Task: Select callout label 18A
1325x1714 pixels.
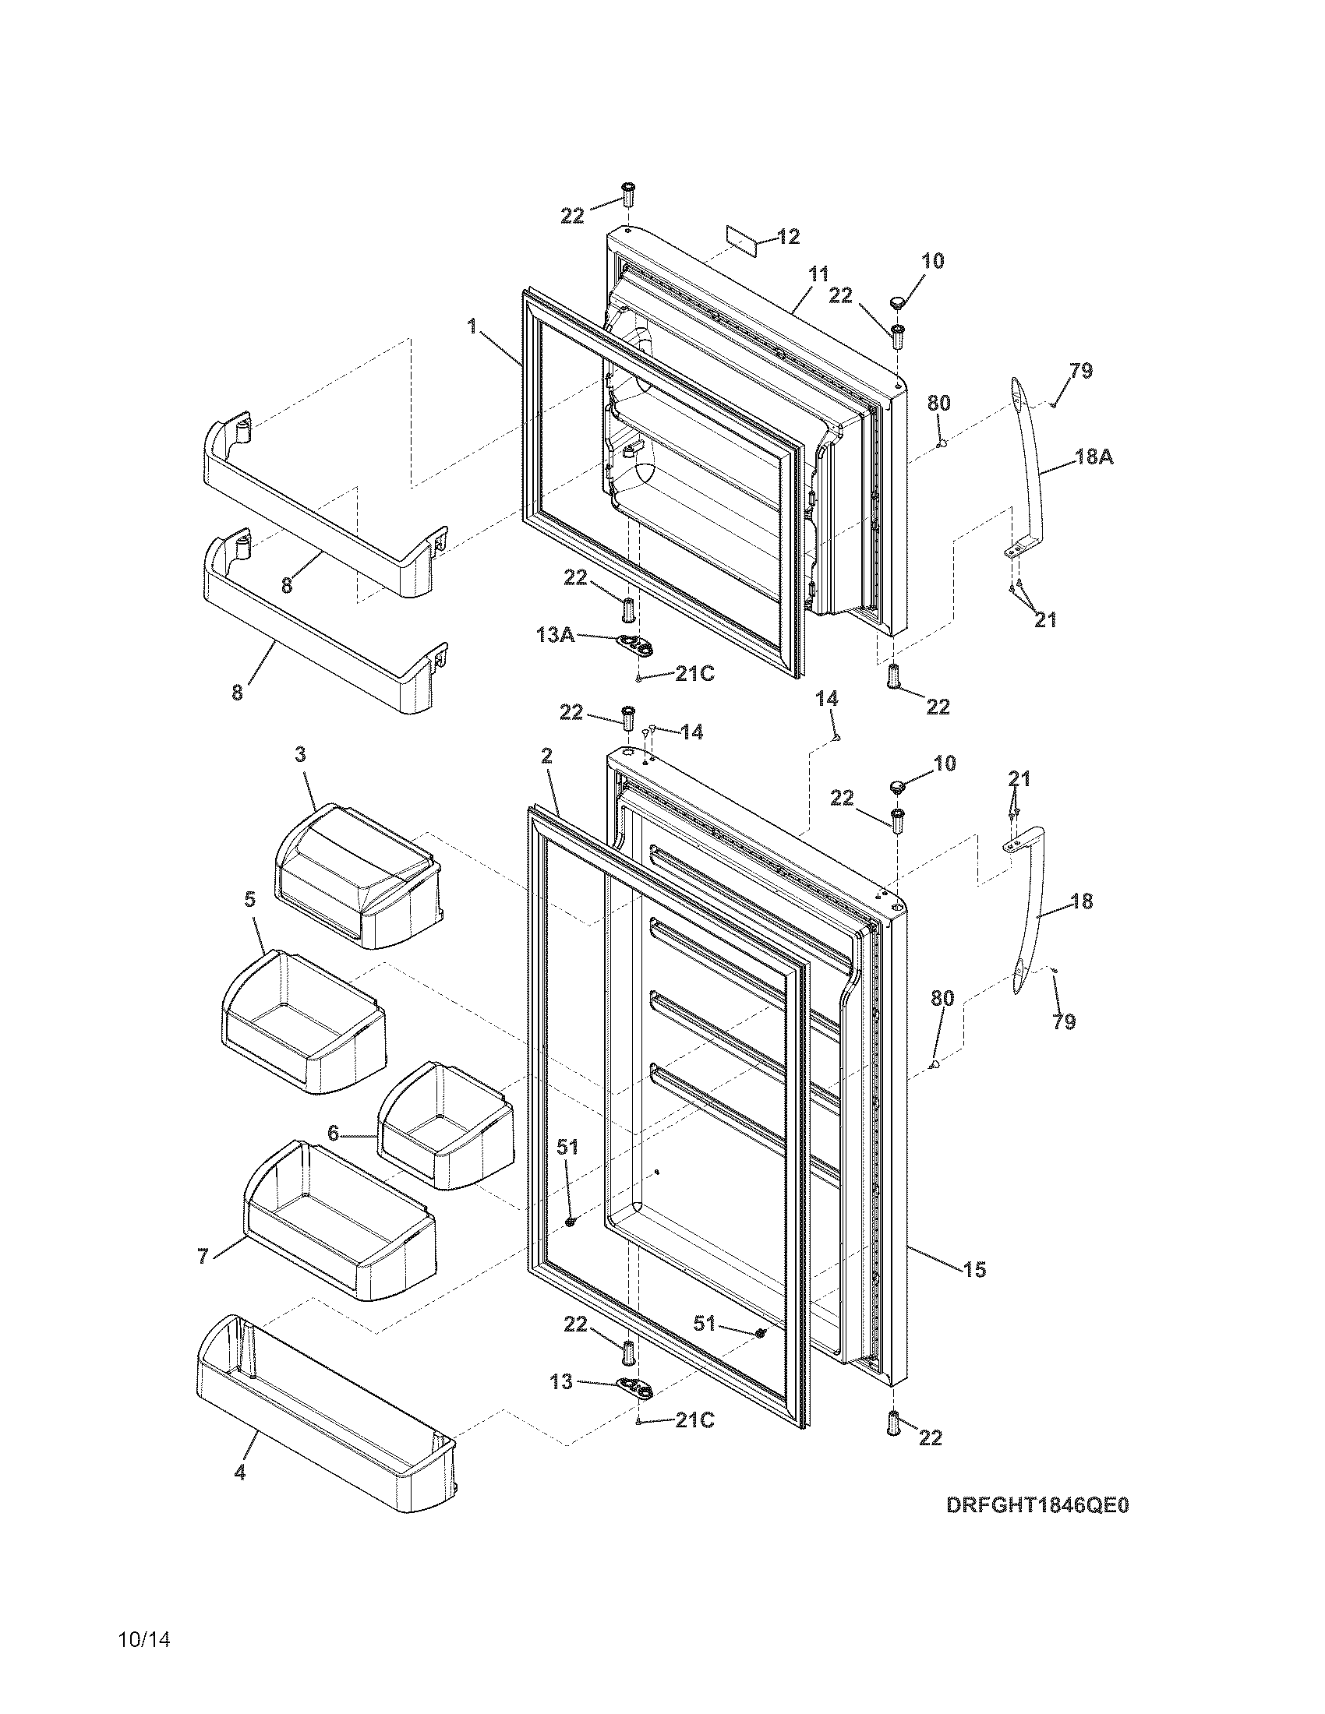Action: click(1094, 457)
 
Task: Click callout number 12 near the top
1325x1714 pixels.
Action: click(788, 236)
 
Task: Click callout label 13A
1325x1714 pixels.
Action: click(556, 634)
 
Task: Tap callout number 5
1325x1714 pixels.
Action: click(249, 899)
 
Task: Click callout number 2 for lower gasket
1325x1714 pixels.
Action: click(546, 756)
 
